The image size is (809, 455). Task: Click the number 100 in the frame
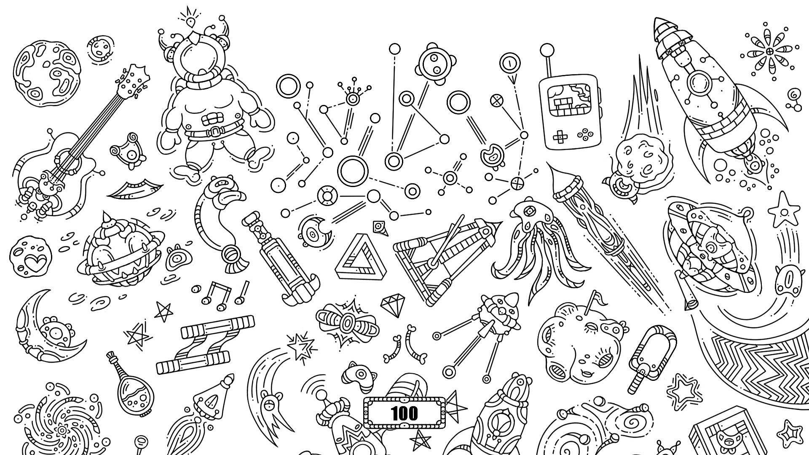point(404,413)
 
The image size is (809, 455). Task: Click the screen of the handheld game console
point(571,100)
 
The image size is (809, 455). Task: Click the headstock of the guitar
point(131,80)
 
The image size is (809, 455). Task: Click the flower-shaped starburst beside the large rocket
point(770,51)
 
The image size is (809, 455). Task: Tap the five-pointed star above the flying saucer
point(784,209)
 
